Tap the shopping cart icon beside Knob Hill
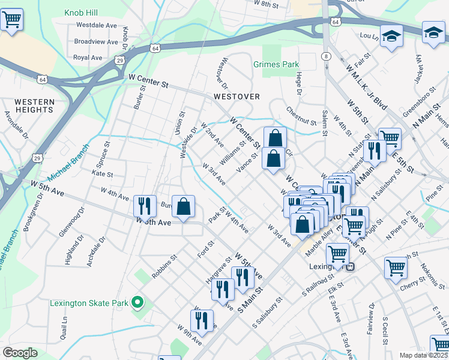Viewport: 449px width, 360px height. (11, 20)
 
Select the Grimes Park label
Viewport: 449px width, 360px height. (276, 64)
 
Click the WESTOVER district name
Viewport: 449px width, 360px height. (237, 97)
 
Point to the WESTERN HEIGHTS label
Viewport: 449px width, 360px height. (34, 106)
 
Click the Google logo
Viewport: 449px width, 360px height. (20, 353)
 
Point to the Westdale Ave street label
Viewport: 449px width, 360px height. (95, 26)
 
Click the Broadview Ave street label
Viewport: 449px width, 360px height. (95, 41)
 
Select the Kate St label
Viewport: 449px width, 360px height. (103, 174)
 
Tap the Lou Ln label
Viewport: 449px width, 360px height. (367, 36)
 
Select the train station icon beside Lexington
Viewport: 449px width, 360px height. (351, 266)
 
